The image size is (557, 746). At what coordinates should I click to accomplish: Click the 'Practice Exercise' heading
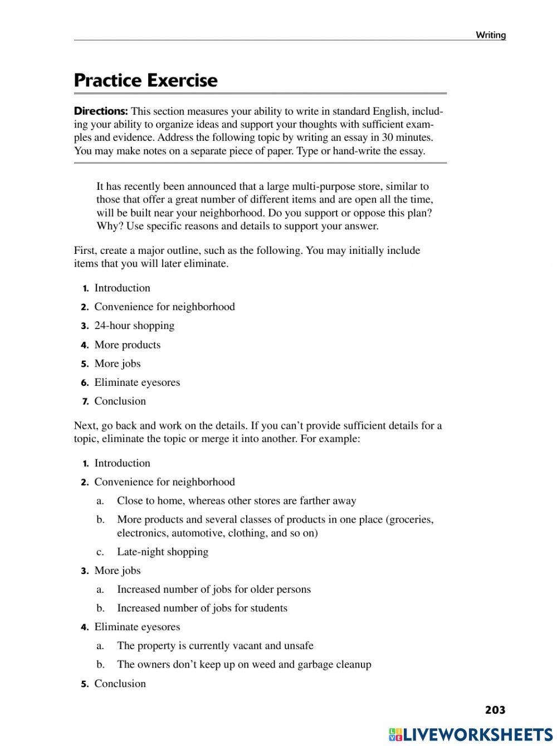[145, 80]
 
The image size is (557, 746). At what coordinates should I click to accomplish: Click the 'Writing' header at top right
[490, 35]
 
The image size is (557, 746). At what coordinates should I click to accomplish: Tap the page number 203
[495, 709]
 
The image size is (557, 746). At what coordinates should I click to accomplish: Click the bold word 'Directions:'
[101, 111]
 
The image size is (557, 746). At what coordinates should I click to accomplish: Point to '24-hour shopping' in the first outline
[134, 326]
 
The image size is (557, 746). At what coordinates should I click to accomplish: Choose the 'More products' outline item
[127, 345]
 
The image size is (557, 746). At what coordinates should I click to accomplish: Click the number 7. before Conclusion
[85, 401]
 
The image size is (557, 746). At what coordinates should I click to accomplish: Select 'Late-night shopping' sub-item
[162, 552]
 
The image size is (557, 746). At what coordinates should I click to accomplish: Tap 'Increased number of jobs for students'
[202, 608]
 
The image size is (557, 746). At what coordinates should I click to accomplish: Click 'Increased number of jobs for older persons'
[213, 589]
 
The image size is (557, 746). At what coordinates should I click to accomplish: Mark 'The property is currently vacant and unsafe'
[215, 645]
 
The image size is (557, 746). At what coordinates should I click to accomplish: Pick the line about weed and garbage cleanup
[243, 664]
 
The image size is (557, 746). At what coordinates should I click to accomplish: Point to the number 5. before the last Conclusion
[85, 684]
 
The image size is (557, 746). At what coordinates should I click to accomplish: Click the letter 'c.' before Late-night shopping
[100, 552]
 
